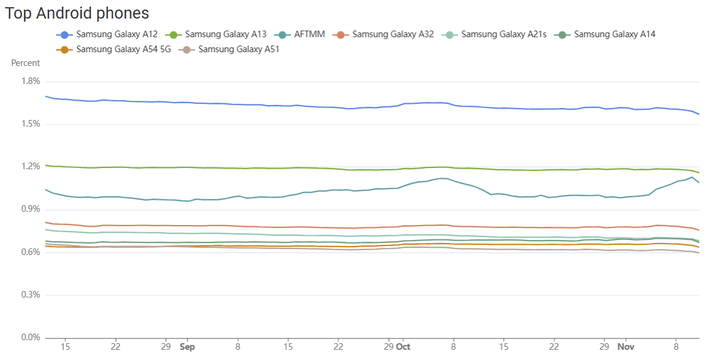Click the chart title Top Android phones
[x=77, y=13]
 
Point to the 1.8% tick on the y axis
[x=30, y=81]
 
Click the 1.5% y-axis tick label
[x=30, y=124]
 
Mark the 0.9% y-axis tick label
[x=30, y=209]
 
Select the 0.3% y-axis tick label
[x=30, y=295]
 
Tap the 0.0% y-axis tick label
[x=30, y=337]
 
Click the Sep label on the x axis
[x=187, y=347]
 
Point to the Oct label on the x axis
[x=404, y=347]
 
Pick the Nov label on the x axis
[x=626, y=347]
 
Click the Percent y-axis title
[x=25, y=63]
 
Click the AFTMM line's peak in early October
[x=442, y=178]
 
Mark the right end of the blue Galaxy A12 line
[x=699, y=114]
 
